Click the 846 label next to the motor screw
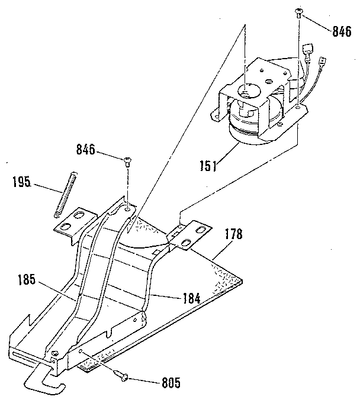342,32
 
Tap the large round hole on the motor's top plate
249,91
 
